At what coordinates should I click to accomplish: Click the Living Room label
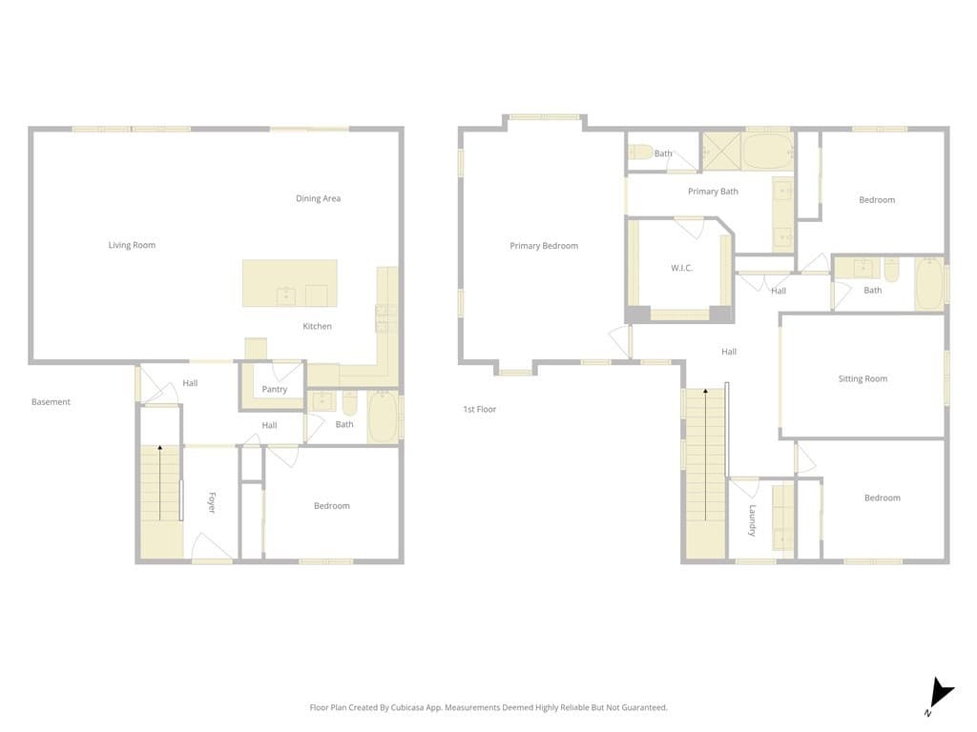(132, 245)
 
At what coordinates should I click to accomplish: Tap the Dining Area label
(318, 198)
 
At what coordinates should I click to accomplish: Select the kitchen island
(289, 283)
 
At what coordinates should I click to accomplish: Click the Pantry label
(275, 389)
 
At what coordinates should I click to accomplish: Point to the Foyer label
(212, 502)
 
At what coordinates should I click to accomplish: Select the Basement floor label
(51, 402)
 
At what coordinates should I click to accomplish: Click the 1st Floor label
(480, 409)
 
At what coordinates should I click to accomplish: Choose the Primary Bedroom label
(544, 246)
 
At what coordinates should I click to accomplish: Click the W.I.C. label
(681, 268)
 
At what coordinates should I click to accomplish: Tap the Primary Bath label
(713, 192)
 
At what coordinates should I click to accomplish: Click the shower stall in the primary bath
(721, 151)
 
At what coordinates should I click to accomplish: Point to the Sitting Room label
(863, 378)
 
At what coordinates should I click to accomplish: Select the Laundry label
(752, 520)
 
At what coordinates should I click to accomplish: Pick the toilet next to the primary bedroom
(640, 152)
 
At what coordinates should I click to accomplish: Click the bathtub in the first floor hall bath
(928, 284)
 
